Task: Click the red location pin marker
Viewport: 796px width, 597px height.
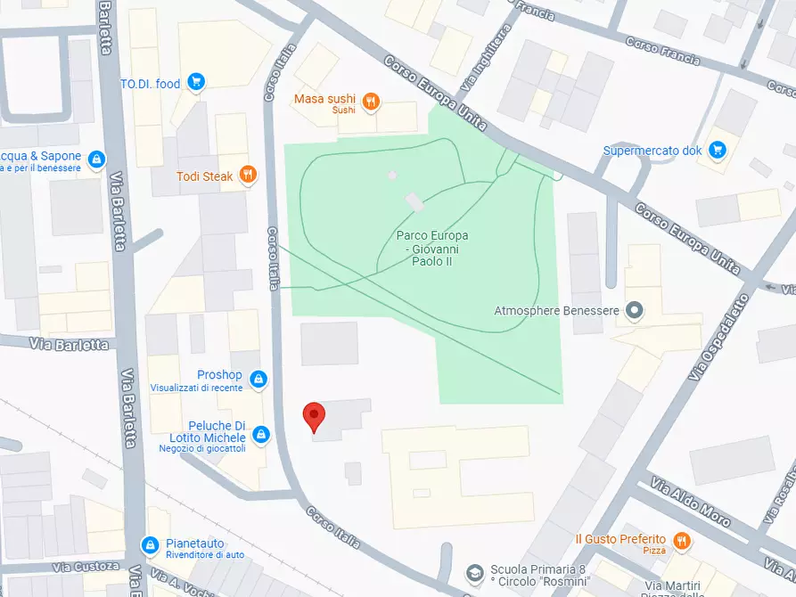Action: click(x=313, y=416)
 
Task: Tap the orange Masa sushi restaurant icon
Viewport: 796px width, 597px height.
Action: click(x=371, y=102)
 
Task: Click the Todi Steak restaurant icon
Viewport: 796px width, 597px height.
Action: click(x=249, y=176)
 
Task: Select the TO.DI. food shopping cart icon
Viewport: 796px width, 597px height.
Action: click(x=196, y=84)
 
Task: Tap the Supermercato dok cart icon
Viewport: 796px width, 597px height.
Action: click(x=718, y=150)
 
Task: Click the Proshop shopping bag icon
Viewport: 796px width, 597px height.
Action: click(x=258, y=380)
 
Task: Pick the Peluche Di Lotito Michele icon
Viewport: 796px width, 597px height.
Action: click(x=261, y=434)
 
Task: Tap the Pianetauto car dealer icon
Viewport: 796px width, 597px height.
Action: click(x=151, y=544)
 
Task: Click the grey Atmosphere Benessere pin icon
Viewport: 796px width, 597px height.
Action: click(x=634, y=311)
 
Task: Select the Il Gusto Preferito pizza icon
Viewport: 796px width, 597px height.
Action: click(x=682, y=540)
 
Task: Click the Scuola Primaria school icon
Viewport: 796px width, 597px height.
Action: click(x=477, y=570)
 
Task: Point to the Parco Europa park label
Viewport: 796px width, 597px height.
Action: click(x=432, y=248)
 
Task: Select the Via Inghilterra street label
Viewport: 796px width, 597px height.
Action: click(x=485, y=59)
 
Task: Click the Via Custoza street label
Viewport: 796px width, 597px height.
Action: click(x=86, y=567)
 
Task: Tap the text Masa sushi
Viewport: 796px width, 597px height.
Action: click(x=324, y=99)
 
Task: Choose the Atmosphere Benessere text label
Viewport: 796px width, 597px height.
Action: click(x=556, y=311)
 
